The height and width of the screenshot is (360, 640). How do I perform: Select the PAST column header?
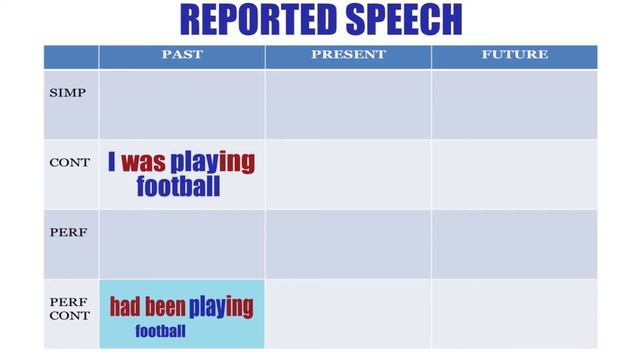point(182,55)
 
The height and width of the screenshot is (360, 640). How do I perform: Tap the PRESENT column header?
point(348,55)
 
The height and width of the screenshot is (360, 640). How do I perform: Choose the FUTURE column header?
point(514,55)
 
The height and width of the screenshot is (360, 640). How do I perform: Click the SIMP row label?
point(68,93)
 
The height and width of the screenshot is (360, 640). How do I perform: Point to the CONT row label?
point(70,162)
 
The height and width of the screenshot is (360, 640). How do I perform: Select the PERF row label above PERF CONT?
point(68,232)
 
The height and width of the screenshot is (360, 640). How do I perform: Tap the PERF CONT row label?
point(70,308)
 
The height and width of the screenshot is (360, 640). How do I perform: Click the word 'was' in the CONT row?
point(143,163)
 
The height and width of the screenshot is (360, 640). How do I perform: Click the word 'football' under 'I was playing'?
point(178,186)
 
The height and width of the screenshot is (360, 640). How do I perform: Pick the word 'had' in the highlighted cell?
point(125,306)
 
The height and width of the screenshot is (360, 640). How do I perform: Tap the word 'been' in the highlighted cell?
point(164,306)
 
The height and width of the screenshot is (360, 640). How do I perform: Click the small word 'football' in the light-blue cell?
point(160,331)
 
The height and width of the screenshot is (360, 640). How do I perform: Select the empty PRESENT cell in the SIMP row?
point(348,104)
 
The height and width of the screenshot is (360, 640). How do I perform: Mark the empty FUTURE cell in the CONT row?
point(514,174)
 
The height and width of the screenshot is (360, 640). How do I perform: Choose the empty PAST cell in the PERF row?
point(182,243)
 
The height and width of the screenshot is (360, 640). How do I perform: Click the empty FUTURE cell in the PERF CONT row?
point(514,313)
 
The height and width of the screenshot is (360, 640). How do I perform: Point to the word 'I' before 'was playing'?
point(112,163)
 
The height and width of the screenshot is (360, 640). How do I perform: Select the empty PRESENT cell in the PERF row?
point(348,243)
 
